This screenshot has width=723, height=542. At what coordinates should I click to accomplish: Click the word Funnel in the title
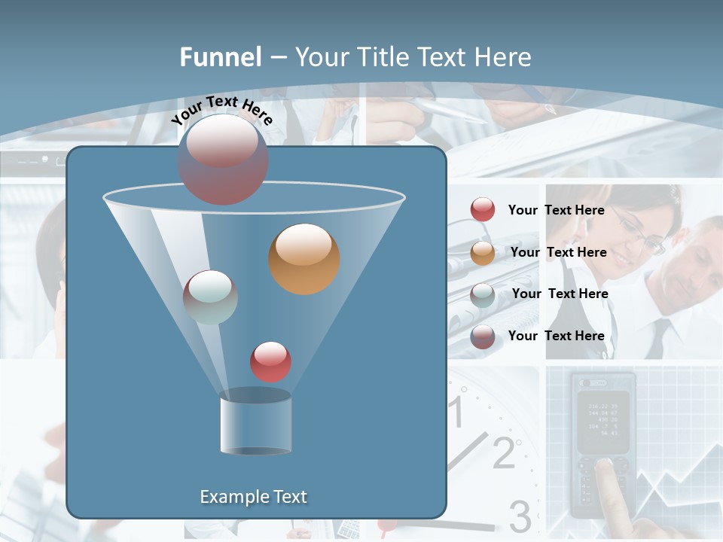click(220, 57)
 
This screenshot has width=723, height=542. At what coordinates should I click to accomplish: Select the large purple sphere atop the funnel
click(223, 160)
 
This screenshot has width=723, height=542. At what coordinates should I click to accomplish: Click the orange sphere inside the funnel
click(304, 259)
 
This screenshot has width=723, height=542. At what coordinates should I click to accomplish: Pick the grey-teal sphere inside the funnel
click(210, 297)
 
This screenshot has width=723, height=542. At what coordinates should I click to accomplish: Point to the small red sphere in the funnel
click(270, 362)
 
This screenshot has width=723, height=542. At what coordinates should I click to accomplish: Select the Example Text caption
click(253, 497)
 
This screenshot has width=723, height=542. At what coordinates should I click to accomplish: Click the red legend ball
click(483, 209)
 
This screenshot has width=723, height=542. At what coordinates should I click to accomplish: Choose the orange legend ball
click(483, 253)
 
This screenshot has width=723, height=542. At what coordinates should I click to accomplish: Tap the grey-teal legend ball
click(483, 294)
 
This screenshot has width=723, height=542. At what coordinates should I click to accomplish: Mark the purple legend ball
click(483, 336)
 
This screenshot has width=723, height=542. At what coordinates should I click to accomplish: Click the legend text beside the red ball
click(556, 210)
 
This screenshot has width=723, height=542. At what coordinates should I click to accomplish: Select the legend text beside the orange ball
click(558, 252)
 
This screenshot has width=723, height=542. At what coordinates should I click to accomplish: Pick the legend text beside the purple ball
click(556, 336)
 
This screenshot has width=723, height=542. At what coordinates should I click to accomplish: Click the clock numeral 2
click(503, 452)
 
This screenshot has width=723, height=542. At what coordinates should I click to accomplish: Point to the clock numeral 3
click(520, 516)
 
